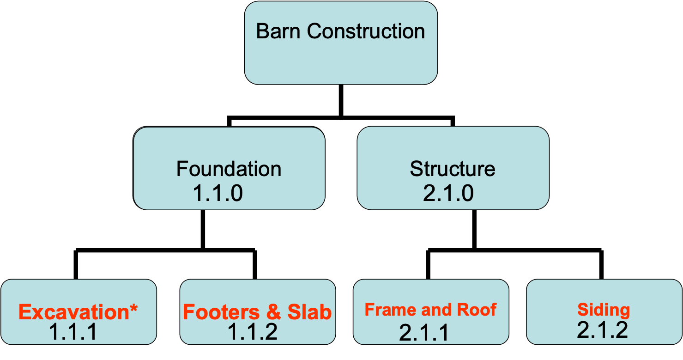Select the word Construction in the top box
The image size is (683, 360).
tap(366, 31)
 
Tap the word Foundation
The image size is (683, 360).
tap(229, 169)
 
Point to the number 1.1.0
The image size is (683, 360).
tap(218, 193)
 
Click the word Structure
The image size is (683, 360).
tap(453, 169)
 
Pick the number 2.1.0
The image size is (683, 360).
tap(448, 193)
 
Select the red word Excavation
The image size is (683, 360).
tap(73, 313)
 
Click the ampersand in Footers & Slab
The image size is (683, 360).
tap(273, 313)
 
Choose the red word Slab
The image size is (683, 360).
tap(309, 313)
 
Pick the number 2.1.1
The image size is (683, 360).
tap(423, 333)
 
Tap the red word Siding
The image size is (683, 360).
tap(603, 310)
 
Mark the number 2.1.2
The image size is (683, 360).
tap(602, 330)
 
